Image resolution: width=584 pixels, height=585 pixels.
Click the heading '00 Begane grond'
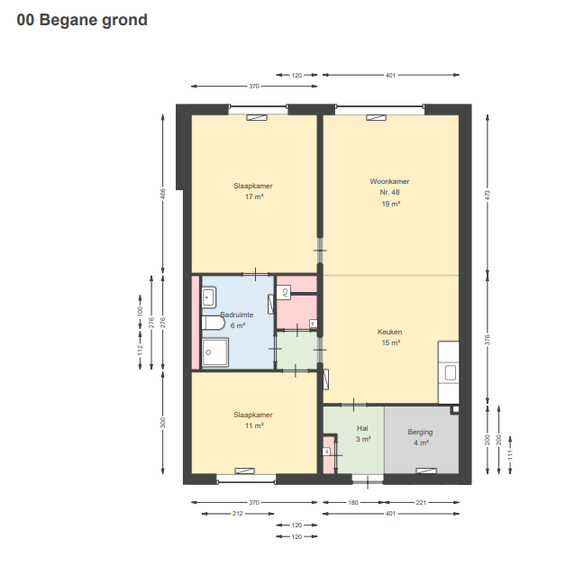(x=82, y=20)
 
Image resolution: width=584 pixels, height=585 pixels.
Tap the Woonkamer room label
(x=389, y=181)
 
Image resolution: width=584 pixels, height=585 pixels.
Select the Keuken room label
(x=389, y=332)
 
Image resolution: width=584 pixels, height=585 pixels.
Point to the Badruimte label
(x=237, y=315)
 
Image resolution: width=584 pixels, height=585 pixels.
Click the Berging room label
(x=420, y=432)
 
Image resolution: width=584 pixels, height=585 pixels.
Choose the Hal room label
(x=362, y=428)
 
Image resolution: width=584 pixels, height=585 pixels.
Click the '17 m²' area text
(x=254, y=197)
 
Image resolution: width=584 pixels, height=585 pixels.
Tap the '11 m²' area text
(x=254, y=425)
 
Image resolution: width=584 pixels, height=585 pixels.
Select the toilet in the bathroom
(x=213, y=323)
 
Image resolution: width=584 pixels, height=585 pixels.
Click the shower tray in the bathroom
(x=215, y=352)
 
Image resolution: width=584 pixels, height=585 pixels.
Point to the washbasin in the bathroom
(x=209, y=297)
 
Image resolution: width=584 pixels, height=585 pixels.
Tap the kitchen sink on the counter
(x=451, y=372)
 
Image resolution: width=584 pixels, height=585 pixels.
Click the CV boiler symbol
(x=284, y=292)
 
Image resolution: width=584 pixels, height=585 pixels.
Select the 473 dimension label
(x=488, y=195)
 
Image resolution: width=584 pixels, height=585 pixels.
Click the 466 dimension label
(x=162, y=194)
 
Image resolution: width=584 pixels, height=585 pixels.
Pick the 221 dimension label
(x=421, y=503)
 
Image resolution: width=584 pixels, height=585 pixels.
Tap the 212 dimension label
(x=238, y=514)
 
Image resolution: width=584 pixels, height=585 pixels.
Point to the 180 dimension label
(x=353, y=503)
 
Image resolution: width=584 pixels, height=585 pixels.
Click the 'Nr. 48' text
(x=389, y=192)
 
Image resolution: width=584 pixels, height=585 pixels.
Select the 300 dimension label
(x=162, y=423)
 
